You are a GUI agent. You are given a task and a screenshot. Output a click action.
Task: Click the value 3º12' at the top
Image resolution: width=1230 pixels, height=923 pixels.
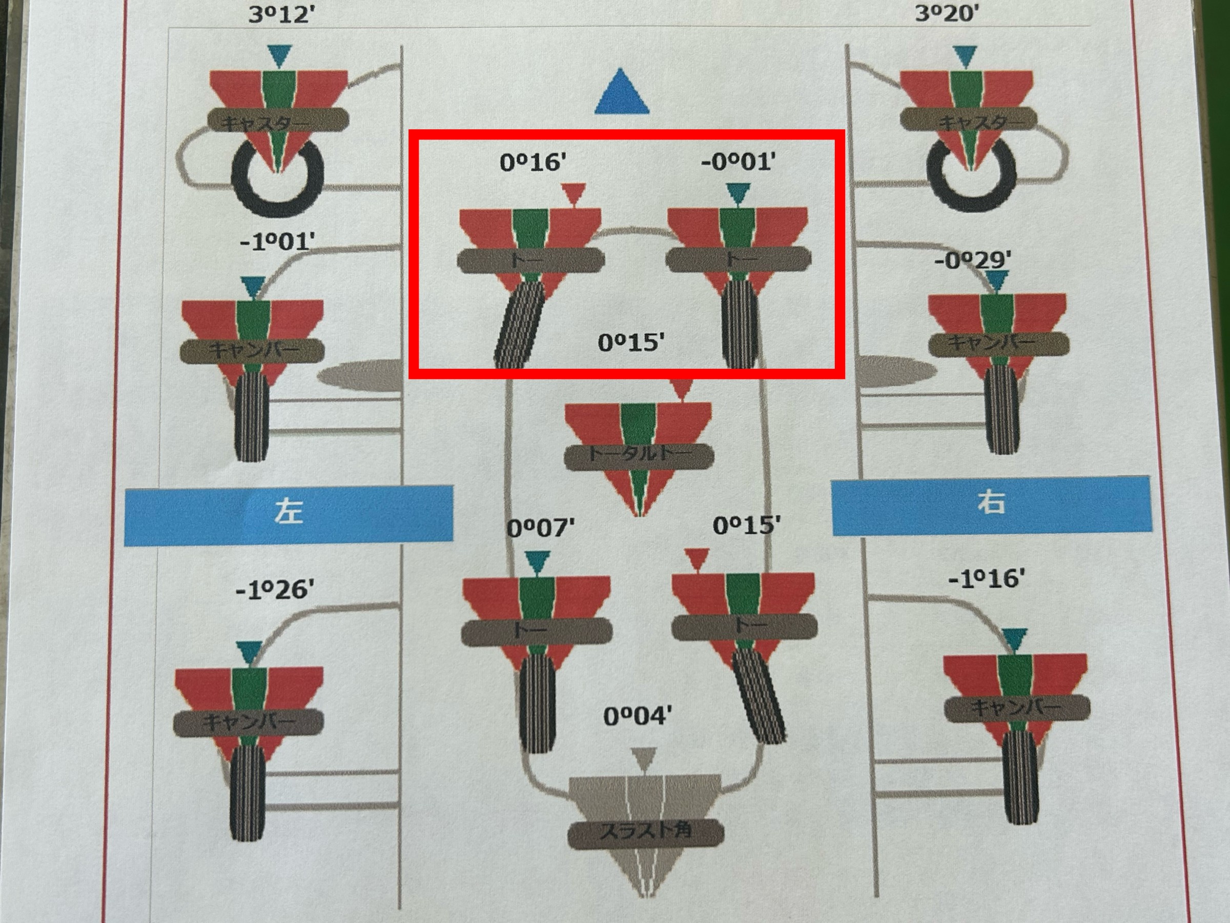281,14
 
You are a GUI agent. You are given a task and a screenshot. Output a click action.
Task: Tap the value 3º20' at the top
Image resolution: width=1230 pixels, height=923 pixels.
947,13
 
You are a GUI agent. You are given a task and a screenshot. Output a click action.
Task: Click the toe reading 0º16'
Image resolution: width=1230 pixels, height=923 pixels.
532,163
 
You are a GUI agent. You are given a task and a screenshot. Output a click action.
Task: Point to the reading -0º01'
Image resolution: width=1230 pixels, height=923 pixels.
738,162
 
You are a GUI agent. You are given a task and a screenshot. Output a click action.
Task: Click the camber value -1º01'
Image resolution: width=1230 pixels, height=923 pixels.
277,242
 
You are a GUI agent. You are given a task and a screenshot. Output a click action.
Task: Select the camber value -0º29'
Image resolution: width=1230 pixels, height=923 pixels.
973,260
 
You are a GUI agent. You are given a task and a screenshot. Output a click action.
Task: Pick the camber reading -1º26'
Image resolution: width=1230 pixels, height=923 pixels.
275,590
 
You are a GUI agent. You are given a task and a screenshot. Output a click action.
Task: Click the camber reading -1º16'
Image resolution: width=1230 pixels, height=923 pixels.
987,579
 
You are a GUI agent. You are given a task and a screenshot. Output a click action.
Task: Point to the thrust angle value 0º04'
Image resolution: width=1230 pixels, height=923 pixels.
637,716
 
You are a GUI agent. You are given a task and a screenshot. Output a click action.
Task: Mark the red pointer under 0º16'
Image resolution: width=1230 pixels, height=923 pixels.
573,193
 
